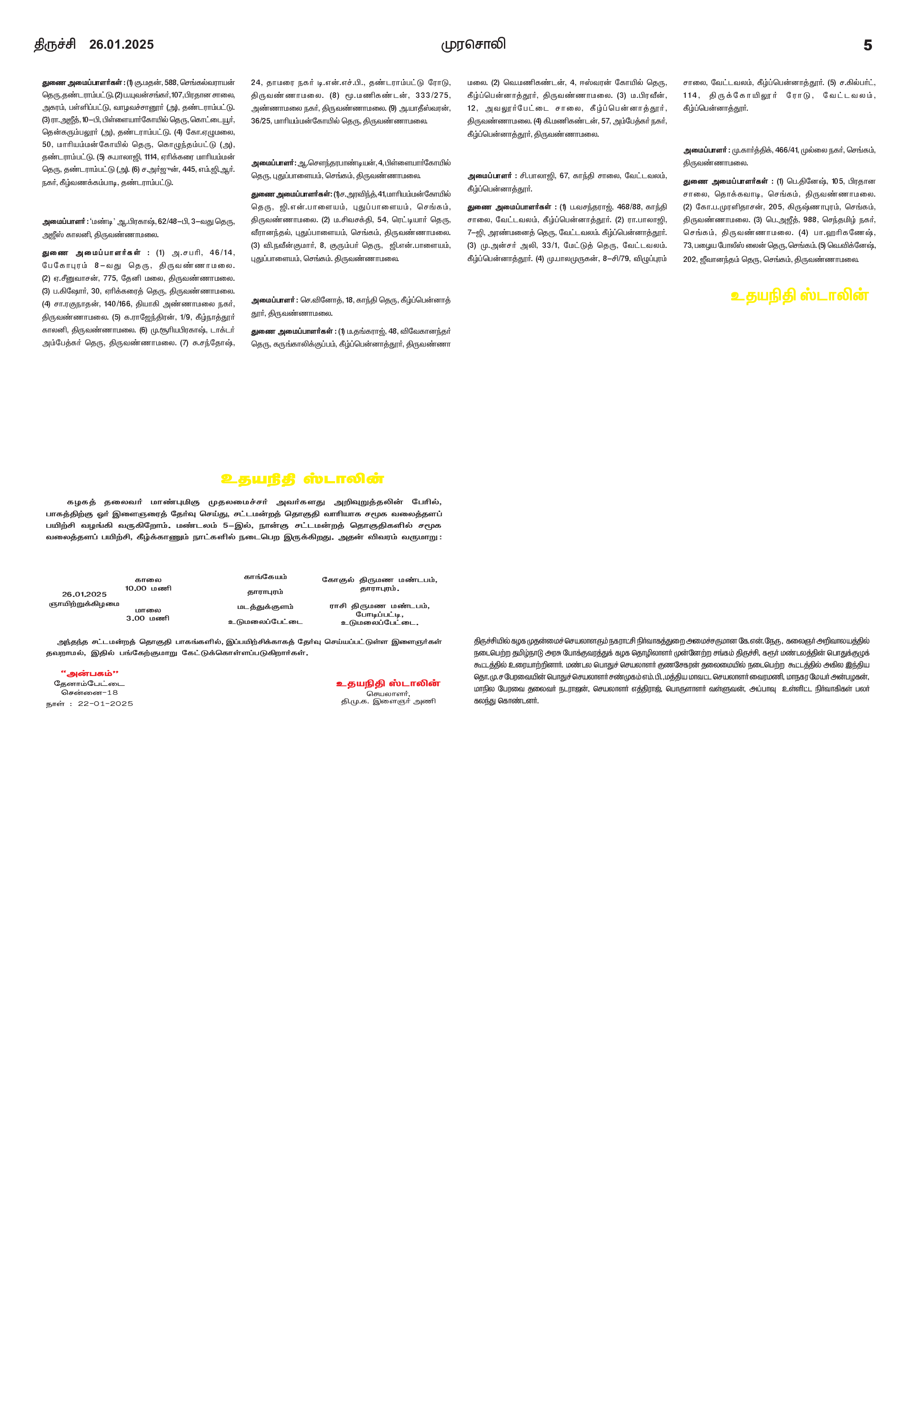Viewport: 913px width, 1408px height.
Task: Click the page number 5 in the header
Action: pyautogui.click(x=867, y=45)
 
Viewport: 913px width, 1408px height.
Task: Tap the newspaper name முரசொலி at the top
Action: pyautogui.click(x=473, y=45)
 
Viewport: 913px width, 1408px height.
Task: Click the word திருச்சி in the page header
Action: pyautogui.click(x=54, y=45)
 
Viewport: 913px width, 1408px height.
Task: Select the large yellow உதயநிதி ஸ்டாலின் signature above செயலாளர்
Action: pyautogui.click(x=799, y=295)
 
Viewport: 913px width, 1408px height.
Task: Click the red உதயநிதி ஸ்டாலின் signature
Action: pyautogui.click(x=388, y=683)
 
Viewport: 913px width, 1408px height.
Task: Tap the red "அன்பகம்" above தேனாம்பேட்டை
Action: pyautogui.click(x=89, y=673)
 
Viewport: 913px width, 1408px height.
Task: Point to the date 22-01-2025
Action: pyautogui.click(x=105, y=703)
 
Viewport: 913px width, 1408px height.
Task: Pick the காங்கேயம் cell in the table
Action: pyautogui.click(x=266, y=576)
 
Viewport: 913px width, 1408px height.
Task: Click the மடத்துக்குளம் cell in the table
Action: pyautogui.click(x=266, y=606)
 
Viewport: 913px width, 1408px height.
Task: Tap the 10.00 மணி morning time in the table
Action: pyautogui.click(x=148, y=588)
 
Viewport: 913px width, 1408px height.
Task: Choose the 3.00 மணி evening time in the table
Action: pyautogui.click(x=148, y=618)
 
